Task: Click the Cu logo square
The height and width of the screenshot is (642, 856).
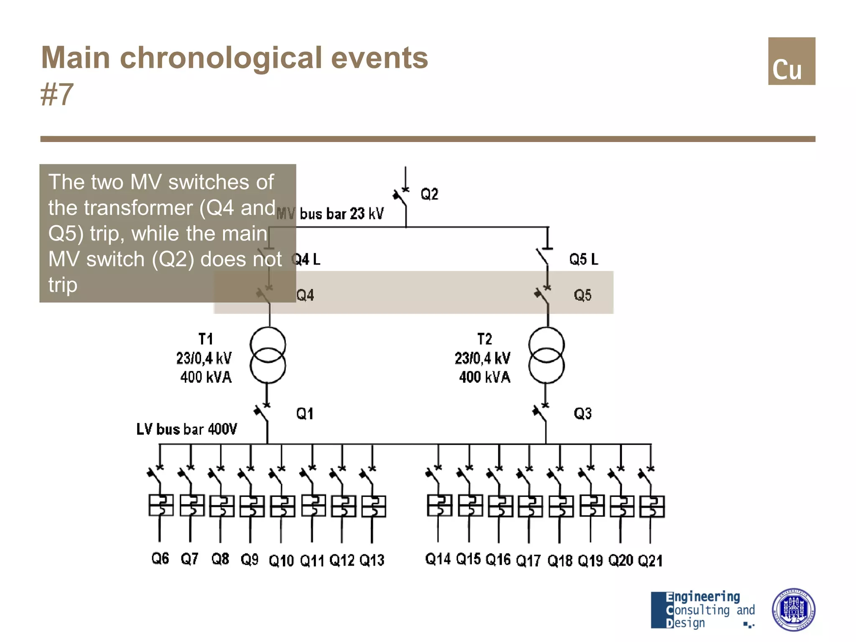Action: (791, 61)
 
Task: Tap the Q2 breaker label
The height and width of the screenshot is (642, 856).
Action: (429, 194)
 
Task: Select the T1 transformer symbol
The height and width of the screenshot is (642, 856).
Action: (268, 355)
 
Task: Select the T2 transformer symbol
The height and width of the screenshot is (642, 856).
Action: (546, 355)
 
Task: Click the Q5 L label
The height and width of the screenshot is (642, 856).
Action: (583, 259)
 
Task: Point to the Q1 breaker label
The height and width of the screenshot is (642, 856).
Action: (305, 414)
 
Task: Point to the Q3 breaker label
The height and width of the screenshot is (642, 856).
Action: (583, 414)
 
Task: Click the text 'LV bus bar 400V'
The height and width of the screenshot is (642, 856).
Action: (186, 429)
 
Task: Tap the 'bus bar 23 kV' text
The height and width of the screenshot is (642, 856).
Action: (341, 214)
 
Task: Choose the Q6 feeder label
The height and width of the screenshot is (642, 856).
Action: (160, 558)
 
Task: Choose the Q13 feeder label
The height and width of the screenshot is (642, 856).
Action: (372, 560)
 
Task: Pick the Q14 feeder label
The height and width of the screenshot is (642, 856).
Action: (438, 559)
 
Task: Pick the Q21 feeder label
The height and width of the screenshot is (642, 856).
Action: (650, 560)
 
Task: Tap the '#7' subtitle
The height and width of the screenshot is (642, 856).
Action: (57, 94)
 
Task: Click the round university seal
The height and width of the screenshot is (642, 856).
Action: (793, 609)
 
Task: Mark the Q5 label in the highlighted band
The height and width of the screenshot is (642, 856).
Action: (583, 295)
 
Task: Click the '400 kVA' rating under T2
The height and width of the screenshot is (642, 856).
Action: (484, 377)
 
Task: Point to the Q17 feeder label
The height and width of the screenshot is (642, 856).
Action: (528, 560)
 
